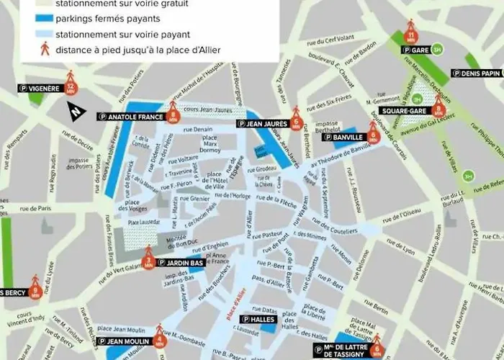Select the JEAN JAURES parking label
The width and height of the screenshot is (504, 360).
[x=264, y=123]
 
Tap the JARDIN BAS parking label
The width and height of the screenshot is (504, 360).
[x=180, y=263]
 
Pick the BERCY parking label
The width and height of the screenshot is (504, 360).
[x=12, y=292]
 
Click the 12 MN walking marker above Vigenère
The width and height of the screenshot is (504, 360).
[x=70, y=85]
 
